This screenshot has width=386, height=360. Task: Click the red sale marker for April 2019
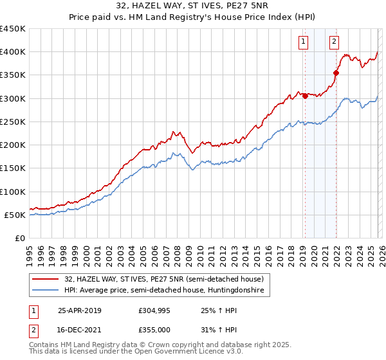coord(305,96)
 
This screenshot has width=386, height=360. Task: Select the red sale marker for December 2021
coord(335,73)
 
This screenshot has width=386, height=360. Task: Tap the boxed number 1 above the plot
coord(302,42)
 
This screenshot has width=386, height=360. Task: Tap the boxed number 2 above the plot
coord(335,42)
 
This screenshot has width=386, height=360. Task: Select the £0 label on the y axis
coord(21,238)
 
